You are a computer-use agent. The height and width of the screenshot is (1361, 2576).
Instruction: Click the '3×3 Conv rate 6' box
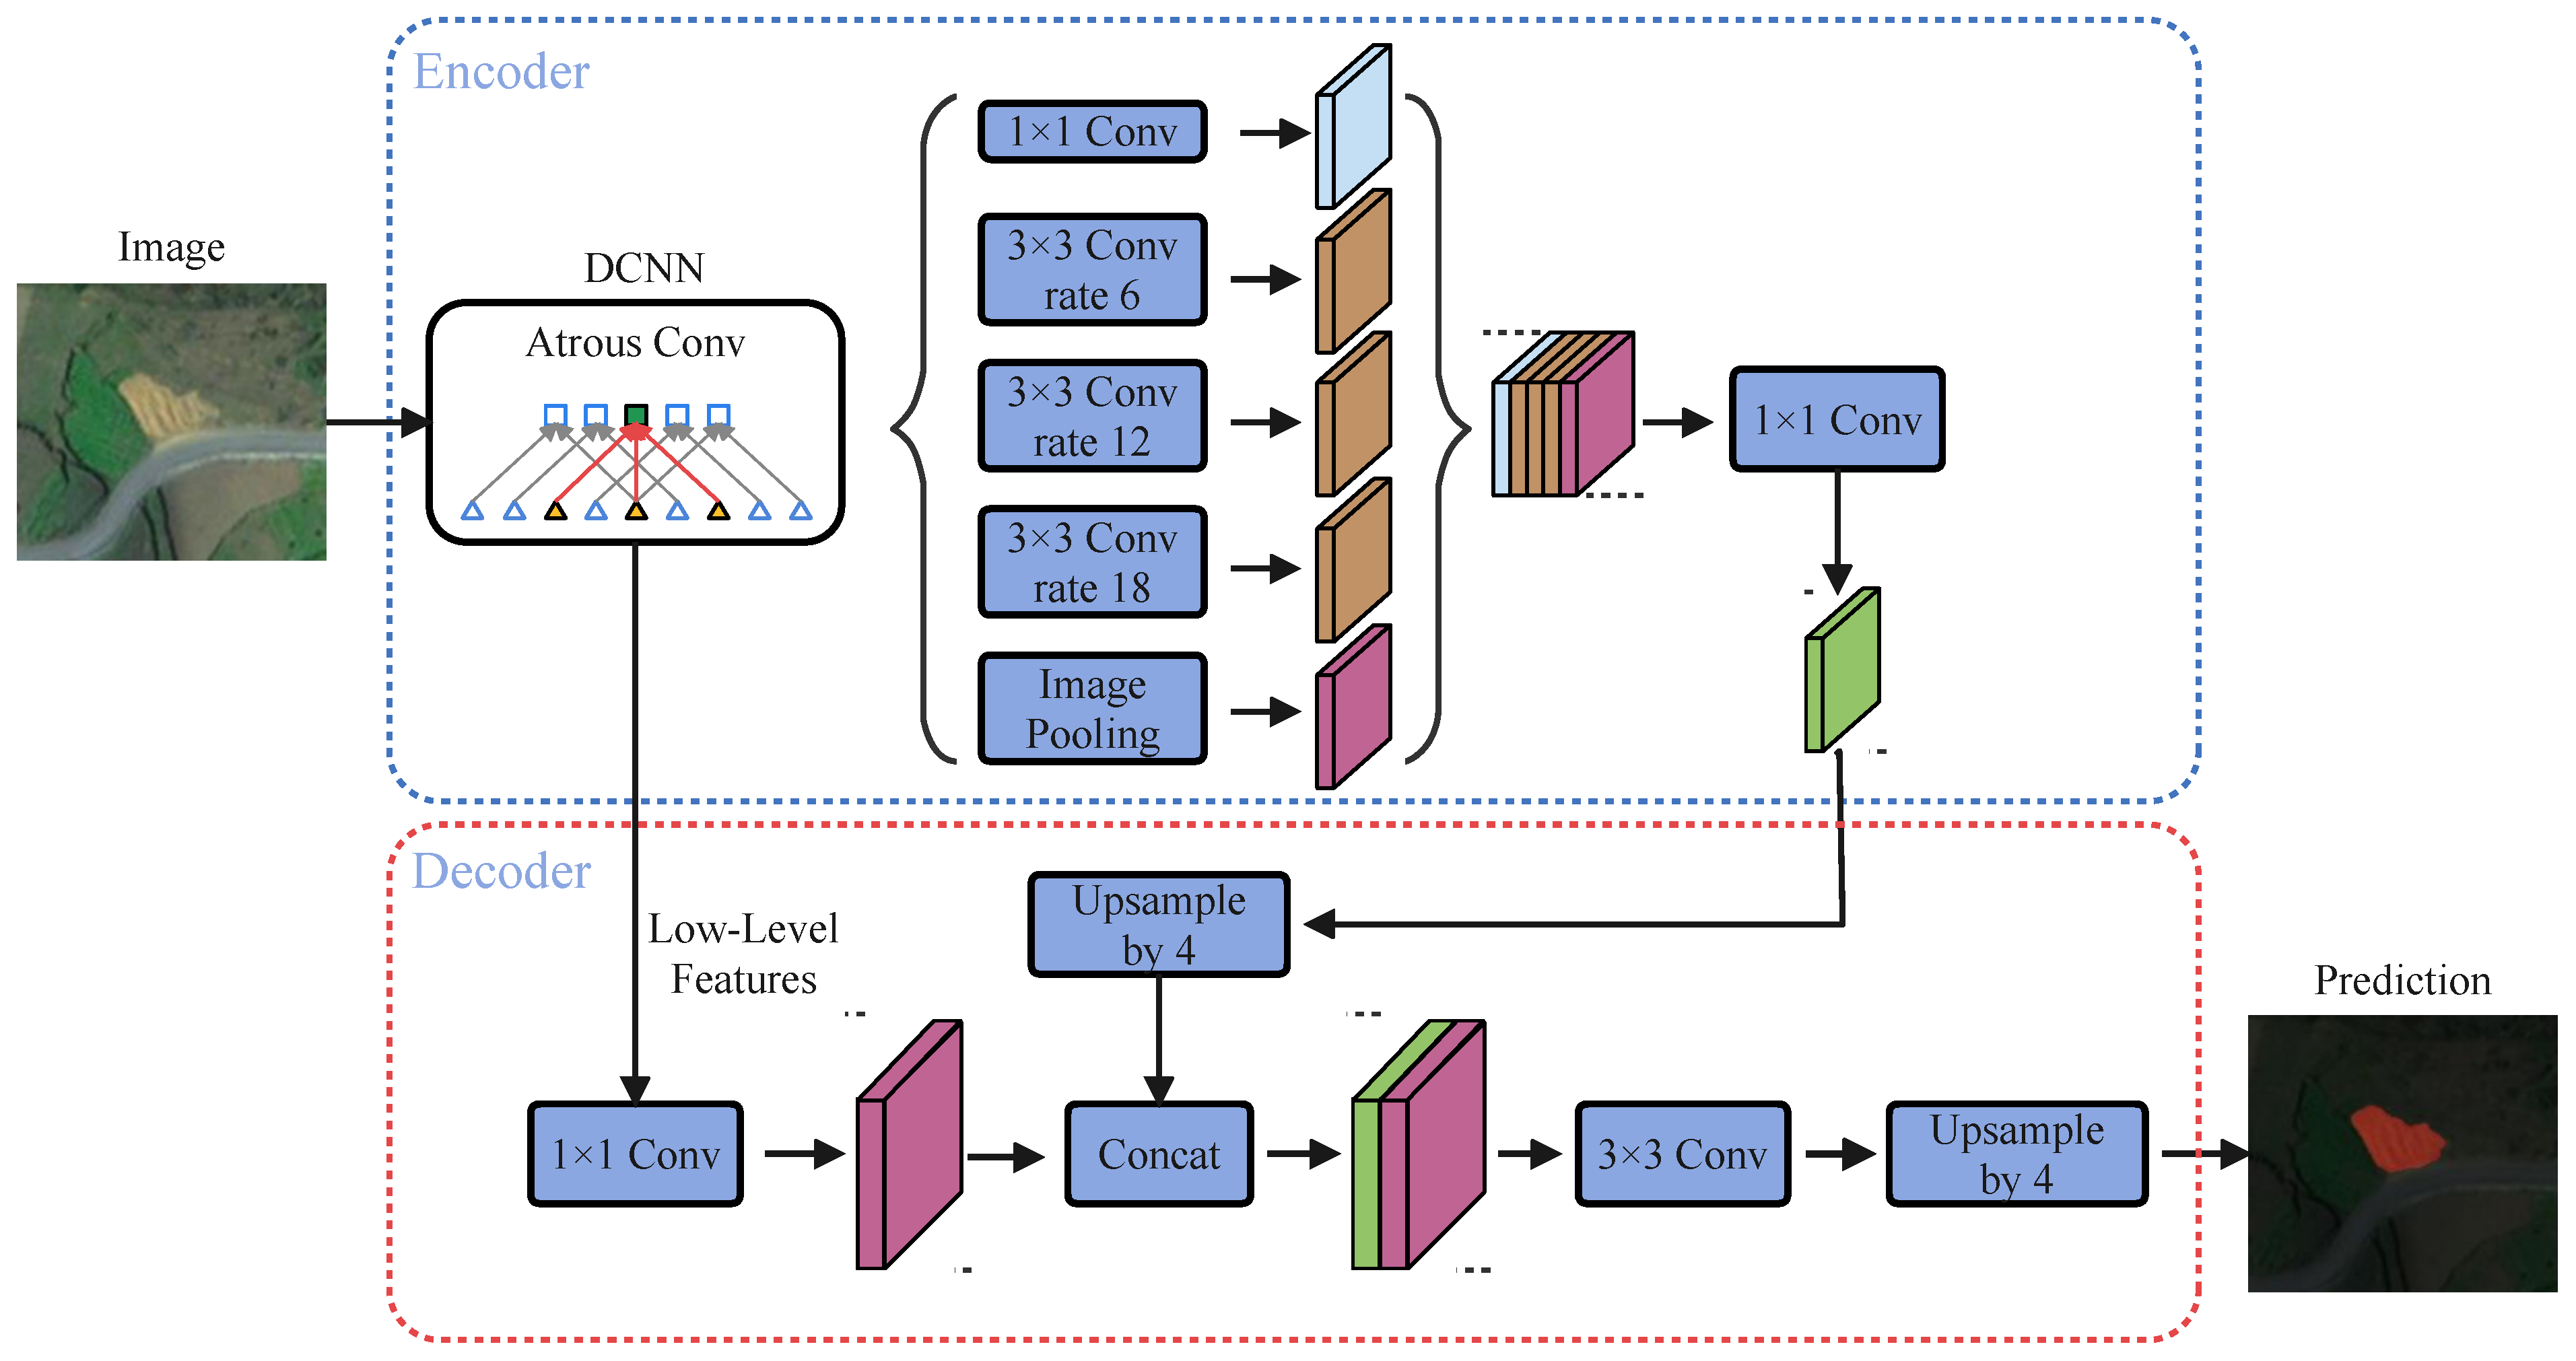coord(1092,270)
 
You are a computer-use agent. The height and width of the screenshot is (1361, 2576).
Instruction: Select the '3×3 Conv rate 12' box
coord(1092,416)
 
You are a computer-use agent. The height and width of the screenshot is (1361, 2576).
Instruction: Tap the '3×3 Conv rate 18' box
coord(1092,562)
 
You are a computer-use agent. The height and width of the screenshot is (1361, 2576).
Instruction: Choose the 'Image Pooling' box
coord(1092,709)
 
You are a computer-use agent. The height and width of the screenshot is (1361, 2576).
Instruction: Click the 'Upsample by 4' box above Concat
coord(1158,925)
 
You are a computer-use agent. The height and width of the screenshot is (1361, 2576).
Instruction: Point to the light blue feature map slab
coord(1352,128)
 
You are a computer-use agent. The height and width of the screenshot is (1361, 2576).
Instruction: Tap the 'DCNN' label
coord(644,268)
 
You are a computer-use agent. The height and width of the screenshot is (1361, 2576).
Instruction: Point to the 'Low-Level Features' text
coord(743,953)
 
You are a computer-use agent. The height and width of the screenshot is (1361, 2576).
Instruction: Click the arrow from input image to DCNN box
coord(376,422)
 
